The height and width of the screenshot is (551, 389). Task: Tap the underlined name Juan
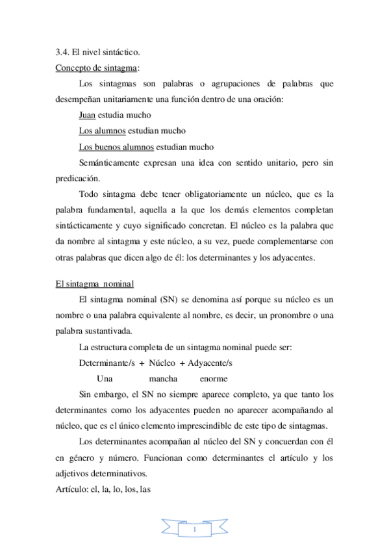(87, 115)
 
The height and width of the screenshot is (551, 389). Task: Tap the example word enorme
(214, 378)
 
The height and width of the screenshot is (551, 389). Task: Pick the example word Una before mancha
(105, 378)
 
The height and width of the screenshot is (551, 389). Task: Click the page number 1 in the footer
(194, 532)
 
